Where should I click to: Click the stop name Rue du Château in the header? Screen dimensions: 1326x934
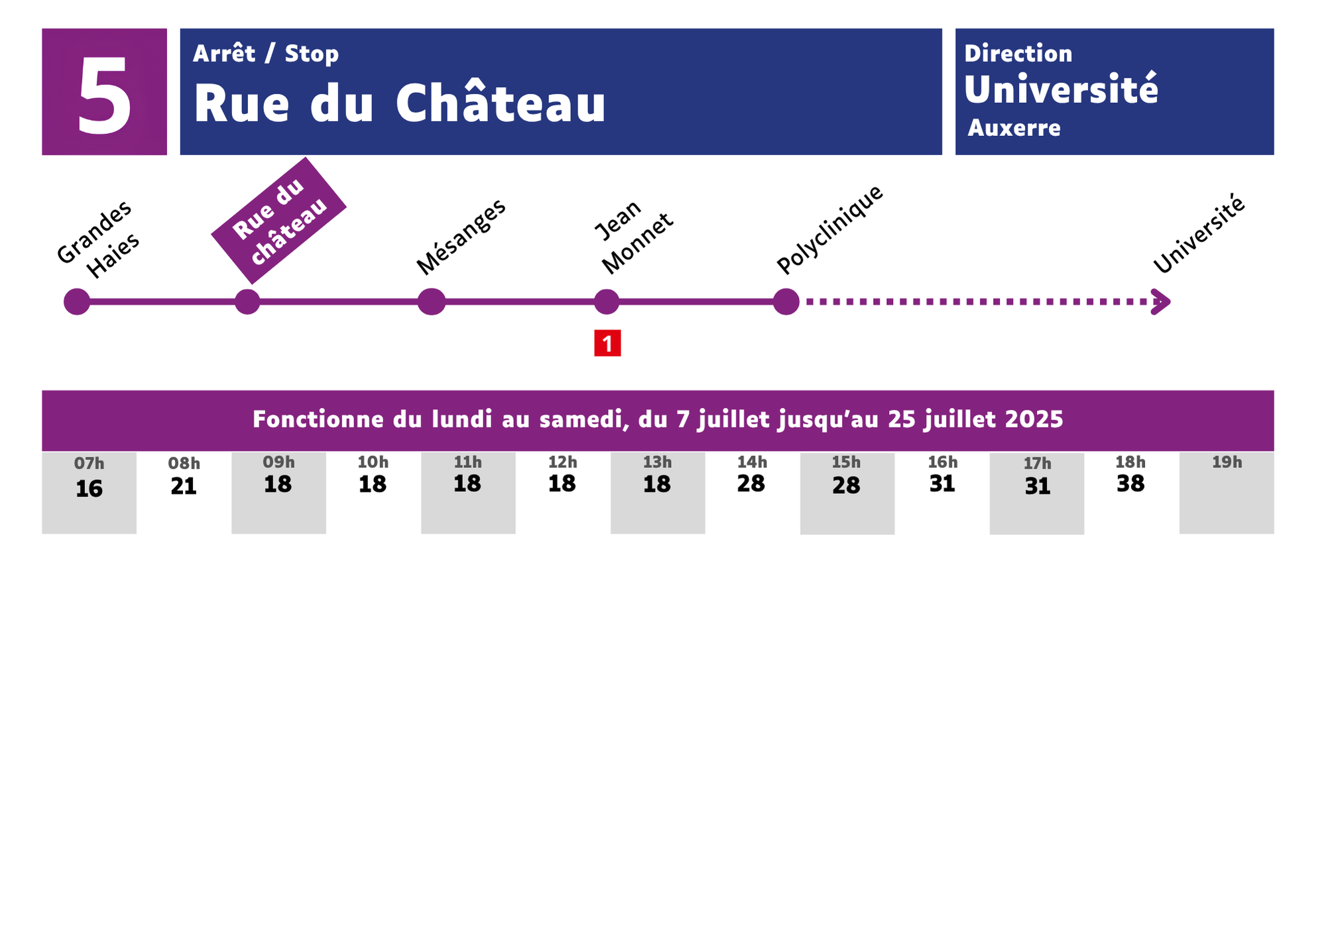click(400, 103)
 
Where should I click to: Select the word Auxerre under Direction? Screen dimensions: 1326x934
click(1014, 128)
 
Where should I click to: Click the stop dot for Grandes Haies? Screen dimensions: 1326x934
click(77, 302)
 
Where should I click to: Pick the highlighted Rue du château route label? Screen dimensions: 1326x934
click(279, 221)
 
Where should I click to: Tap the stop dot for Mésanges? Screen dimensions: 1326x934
click(432, 302)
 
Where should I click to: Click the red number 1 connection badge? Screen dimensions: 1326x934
click(607, 343)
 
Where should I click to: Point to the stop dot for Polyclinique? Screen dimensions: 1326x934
click(786, 302)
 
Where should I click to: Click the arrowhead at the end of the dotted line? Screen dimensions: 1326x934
click(1162, 302)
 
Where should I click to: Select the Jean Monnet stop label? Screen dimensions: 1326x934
click(633, 237)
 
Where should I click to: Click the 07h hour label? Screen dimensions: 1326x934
click(89, 463)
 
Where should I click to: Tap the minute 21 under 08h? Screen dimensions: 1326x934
click(184, 487)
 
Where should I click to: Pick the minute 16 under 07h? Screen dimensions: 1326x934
click(89, 489)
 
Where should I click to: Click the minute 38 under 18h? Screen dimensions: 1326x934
click(1130, 484)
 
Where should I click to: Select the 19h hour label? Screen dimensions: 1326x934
click(1227, 462)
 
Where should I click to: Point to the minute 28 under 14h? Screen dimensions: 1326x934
click(751, 484)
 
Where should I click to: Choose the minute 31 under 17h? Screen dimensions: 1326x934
click(1038, 487)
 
